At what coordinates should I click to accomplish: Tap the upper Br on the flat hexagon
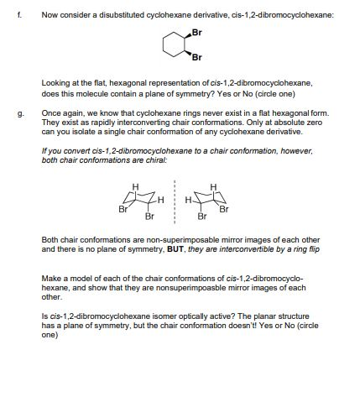point(197,33)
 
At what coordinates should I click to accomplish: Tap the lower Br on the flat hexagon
point(197,57)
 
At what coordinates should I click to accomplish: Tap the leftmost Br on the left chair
point(123,210)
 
